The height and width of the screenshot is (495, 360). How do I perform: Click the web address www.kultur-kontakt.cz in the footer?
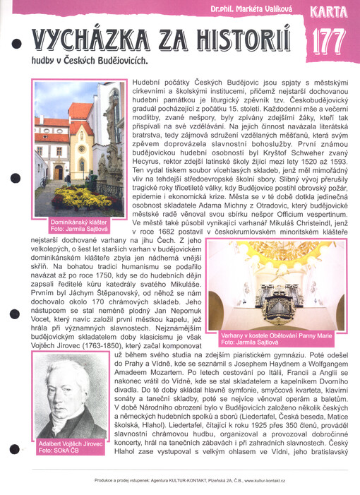point(275,480)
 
